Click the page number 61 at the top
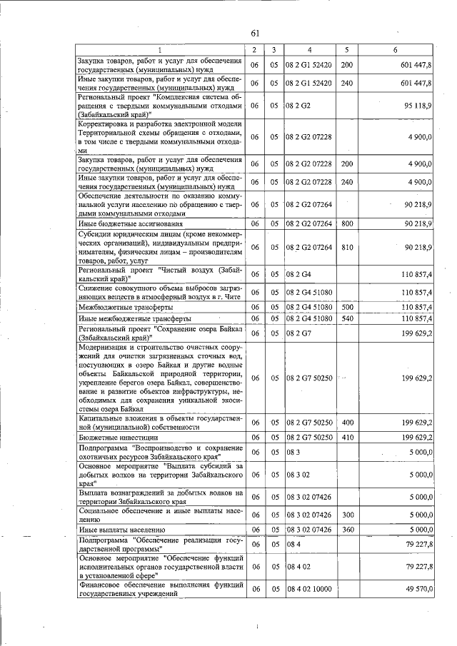click(x=255, y=33)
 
